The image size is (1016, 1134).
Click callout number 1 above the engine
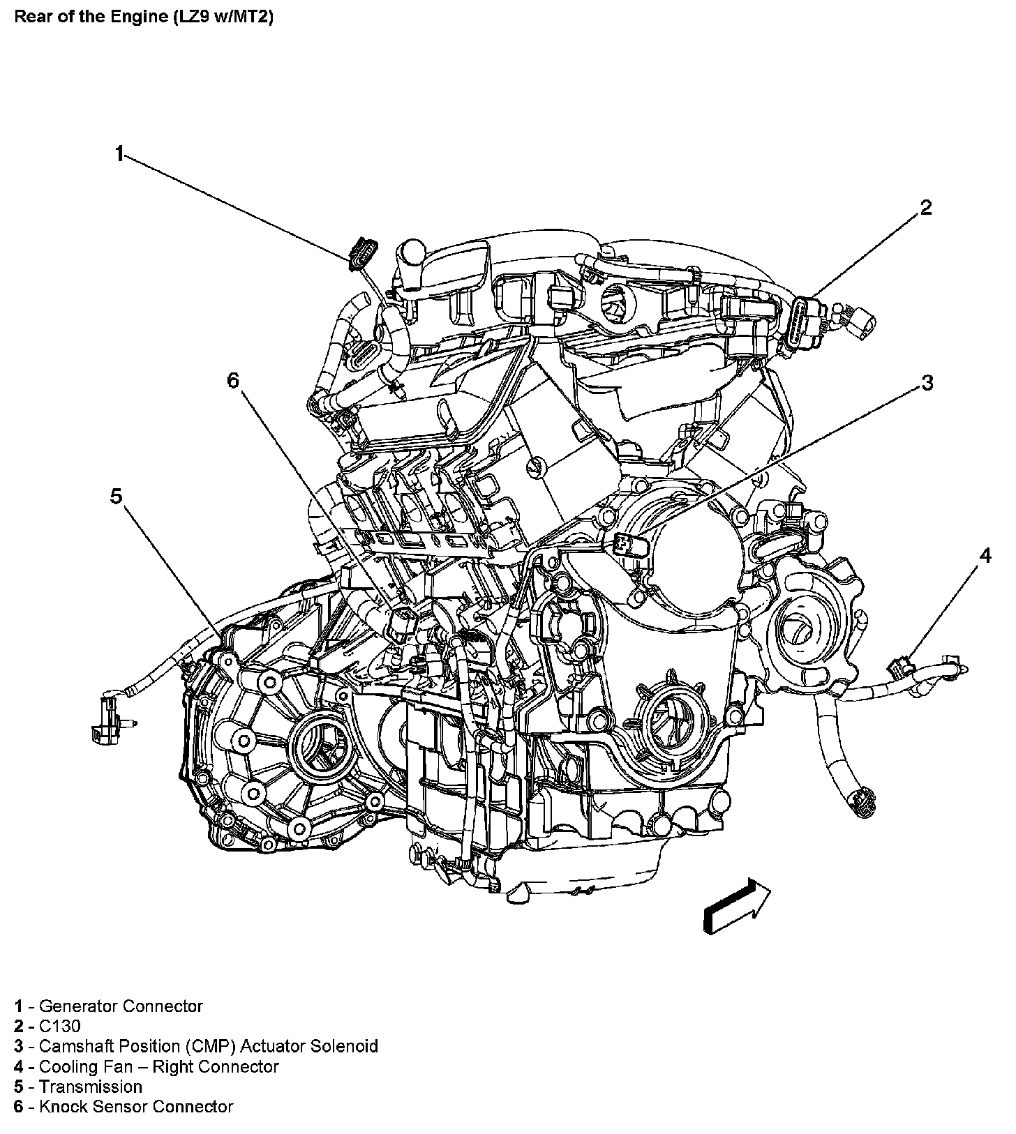click(x=120, y=154)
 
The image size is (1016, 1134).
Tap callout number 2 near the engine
click(x=925, y=208)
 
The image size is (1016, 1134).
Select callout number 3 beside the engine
click(x=927, y=382)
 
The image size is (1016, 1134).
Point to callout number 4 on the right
click(x=985, y=555)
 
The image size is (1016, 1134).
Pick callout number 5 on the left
click(x=116, y=496)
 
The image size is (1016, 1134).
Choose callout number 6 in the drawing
click(x=232, y=379)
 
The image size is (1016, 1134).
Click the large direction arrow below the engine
click(x=737, y=905)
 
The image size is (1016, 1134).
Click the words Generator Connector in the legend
click(x=121, y=1006)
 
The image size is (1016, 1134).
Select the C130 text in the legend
click(x=59, y=1026)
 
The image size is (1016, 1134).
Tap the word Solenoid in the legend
click(x=345, y=1046)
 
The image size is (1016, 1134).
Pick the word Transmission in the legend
click(x=90, y=1087)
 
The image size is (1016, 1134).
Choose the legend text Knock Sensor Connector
click(x=136, y=1107)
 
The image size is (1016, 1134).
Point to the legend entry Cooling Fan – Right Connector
click(x=158, y=1066)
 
